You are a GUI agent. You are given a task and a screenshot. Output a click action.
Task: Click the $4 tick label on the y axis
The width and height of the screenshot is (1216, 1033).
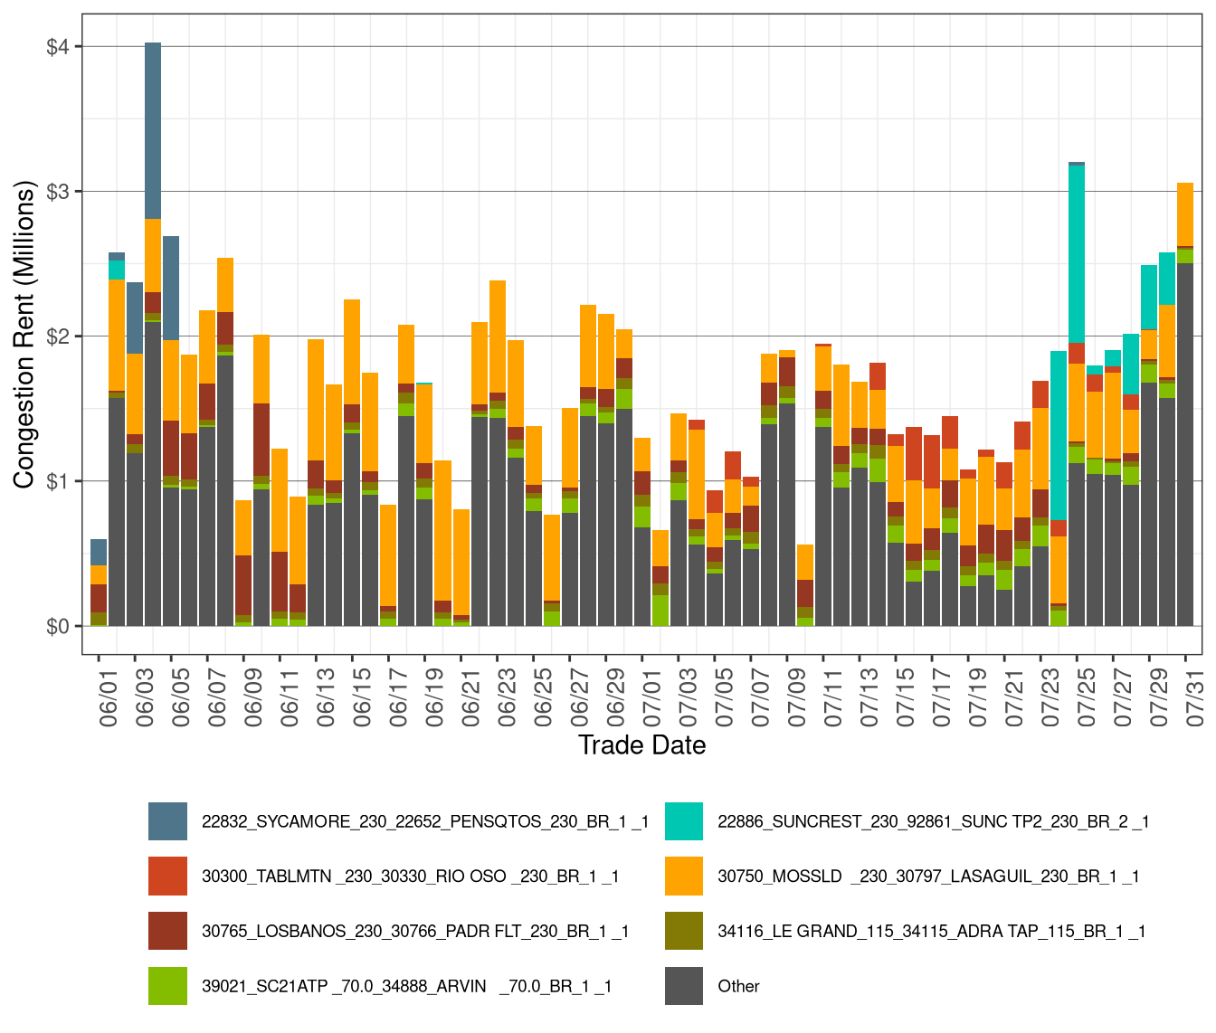[58, 47]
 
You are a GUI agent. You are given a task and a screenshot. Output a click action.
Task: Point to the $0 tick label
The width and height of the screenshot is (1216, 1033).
[58, 626]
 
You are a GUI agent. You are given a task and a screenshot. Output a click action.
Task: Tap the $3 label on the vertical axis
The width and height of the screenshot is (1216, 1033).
[58, 192]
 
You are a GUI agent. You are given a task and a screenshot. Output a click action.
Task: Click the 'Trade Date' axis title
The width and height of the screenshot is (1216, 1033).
[641, 745]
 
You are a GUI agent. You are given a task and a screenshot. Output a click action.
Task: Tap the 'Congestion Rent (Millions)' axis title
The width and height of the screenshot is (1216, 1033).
[24, 335]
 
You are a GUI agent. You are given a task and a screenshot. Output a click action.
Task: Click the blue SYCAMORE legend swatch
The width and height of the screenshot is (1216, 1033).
[168, 821]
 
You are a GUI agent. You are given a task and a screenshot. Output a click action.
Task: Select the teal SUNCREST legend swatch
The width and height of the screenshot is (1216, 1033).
[684, 821]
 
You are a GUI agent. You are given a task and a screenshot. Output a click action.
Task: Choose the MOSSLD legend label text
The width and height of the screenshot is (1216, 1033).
[928, 877]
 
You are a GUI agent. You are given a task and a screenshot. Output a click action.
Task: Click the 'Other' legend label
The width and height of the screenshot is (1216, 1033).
[738, 987]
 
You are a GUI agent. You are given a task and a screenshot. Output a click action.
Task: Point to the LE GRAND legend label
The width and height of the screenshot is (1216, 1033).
[931, 932]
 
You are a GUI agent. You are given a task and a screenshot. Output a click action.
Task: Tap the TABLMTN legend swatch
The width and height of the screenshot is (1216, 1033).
[168, 877]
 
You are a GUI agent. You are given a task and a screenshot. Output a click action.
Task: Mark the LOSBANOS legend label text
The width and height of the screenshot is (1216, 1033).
[415, 932]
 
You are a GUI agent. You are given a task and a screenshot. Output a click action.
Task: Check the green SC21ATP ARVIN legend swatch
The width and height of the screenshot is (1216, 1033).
[168, 987]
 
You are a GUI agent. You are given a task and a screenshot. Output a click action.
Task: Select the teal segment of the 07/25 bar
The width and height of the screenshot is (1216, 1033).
[1077, 253]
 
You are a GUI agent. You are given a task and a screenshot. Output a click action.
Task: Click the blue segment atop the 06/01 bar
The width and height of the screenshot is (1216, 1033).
[99, 552]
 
